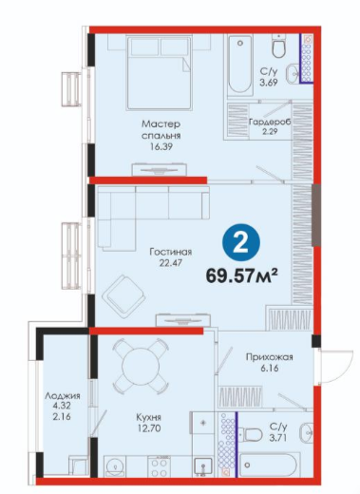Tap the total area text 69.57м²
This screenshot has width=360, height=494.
[x=242, y=275]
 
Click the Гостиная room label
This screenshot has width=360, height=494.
[x=171, y=252]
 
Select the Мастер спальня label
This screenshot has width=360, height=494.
[x=161, y=129]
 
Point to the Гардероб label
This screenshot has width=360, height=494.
[x=270, y=122]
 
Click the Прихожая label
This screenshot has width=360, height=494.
[x=270, y=357]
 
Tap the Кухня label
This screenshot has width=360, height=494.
[x=149, y=417]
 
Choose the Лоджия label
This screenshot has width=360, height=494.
[x=63, y=396]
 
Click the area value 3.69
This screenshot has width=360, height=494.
[x=269, y=83]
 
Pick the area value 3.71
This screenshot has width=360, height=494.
[x=278, y=438]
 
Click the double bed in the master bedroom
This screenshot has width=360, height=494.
[x=160, y=73]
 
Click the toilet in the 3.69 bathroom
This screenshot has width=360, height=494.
[x=279, y=47]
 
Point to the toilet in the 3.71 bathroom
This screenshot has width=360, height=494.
[x=251, y=434]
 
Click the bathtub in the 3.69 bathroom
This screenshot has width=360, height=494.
[x=240, y=66]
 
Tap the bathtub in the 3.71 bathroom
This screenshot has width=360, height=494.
[x=268, y=465]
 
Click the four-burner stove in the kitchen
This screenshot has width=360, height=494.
[x=160, y=466]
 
